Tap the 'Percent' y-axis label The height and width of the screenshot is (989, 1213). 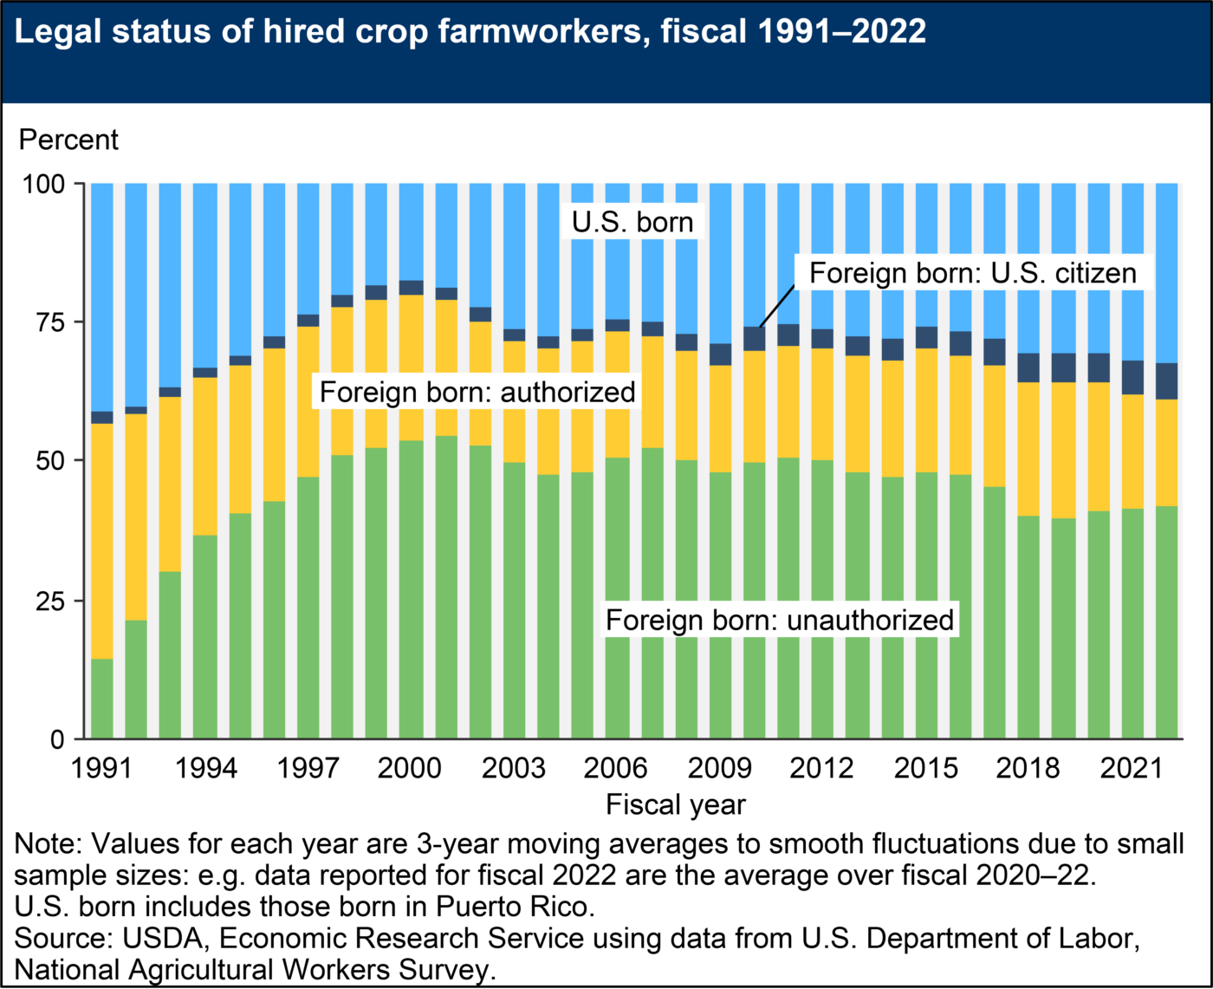[x=68, y=140]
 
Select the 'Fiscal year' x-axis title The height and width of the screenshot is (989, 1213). [x=676, y=804]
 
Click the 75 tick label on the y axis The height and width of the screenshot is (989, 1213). [x=50, y=322]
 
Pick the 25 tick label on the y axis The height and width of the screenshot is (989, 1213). [x=50, y=601]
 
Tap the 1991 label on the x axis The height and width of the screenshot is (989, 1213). [x=101, y=768]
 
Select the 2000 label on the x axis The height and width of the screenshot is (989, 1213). [x=411, y=768]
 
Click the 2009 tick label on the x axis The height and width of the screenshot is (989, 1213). [x=719, y=768]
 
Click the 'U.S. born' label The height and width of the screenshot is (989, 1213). [x=632, y=222]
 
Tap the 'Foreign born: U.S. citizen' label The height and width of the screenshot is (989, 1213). [x=972, y=273]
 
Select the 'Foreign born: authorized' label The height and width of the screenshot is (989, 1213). [x=477, y=392]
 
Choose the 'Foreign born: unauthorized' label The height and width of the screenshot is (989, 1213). [x=780, y=621]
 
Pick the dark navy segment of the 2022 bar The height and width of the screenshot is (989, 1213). [x=1167, y=381]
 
